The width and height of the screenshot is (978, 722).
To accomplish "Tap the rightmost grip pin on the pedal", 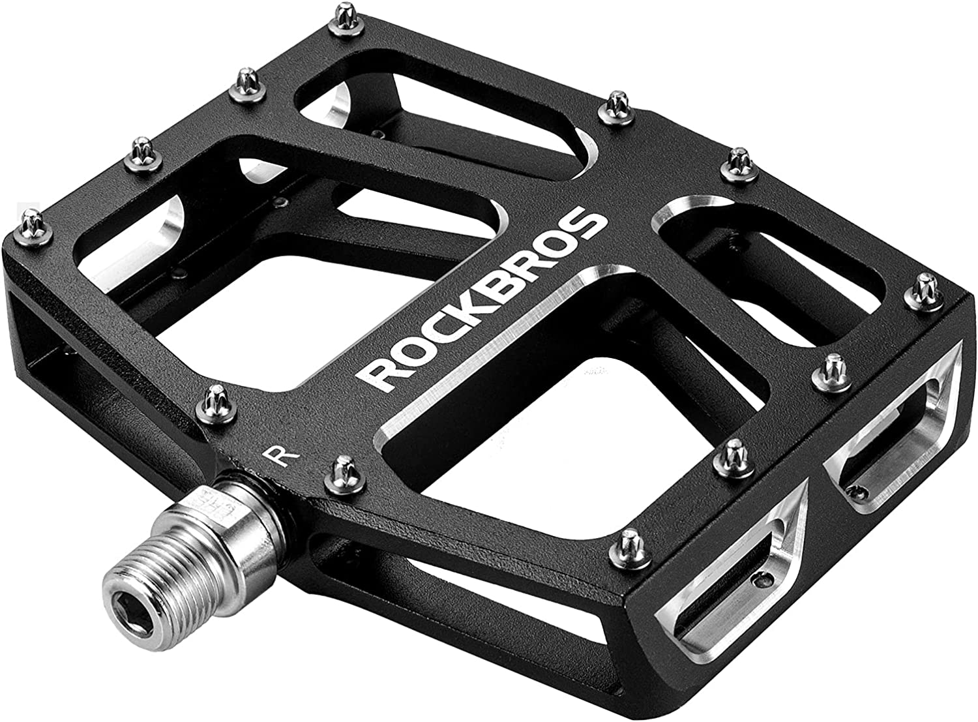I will pos(925,287).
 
